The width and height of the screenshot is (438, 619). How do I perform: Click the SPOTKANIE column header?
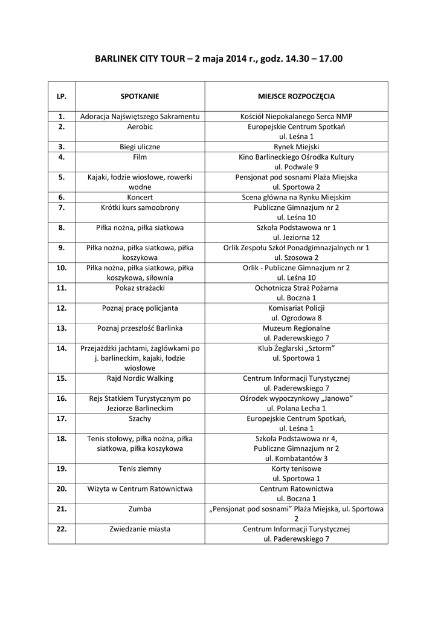click(x=140, y=96)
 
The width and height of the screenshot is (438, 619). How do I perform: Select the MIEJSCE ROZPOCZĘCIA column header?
click(x=296, y=96)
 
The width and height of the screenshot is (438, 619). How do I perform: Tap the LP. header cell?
click(x=61, y=96)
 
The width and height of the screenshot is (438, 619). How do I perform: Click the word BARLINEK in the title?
click(x=117, y=59)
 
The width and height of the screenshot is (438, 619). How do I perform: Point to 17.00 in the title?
click(x=332, y=59)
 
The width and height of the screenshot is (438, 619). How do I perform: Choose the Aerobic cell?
click(x=140, y=127)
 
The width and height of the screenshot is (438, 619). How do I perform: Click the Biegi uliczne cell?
click(x=140, y=147)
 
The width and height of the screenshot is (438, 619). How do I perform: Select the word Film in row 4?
click(x=140, y=157)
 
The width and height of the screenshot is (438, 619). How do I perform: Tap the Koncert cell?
click(x=140, y=197)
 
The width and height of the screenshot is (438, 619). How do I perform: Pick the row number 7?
click(x=61, y=207)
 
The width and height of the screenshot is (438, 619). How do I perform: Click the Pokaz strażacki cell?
click(x=140, y=288)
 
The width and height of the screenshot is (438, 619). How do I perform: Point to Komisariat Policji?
click(x=296, y=308)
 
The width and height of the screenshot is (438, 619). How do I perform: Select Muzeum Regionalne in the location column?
click(x=296, y=328)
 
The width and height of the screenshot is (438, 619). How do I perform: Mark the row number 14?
click(x=61, y=348)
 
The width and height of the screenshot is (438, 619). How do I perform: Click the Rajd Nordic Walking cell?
click(x=140, y=378)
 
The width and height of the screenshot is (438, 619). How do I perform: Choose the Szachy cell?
click(x=140, y=418)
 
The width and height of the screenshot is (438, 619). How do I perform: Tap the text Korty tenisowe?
click(x=296, y=468)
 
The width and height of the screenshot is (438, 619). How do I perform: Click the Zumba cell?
click(x=140, y=509)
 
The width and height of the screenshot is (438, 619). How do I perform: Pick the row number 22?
click(x=61, y=529)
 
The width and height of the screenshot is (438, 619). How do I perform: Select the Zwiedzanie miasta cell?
click(x=140, y=529)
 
